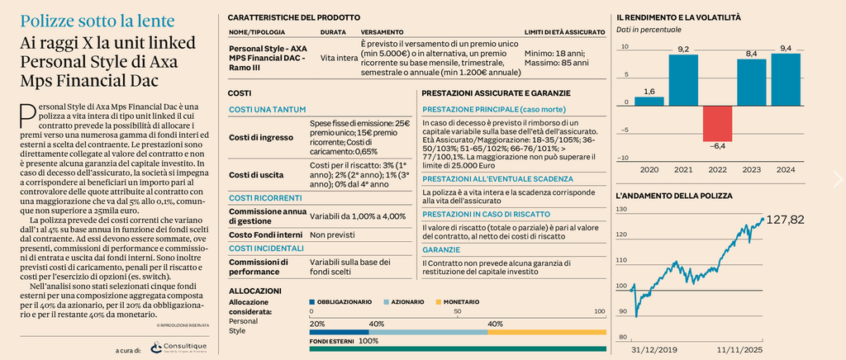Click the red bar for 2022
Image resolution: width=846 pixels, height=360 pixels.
[x=716, y=124]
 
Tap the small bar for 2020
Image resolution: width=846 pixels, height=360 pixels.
[x=649, y=102]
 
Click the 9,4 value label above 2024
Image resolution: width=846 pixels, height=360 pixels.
[x=785, y=49]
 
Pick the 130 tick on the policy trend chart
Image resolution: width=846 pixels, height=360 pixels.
[x=621, y=211]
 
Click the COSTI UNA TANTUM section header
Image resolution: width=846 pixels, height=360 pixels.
[x=267, y=110]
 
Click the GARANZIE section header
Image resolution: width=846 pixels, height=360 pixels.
[x=442, y=249]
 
